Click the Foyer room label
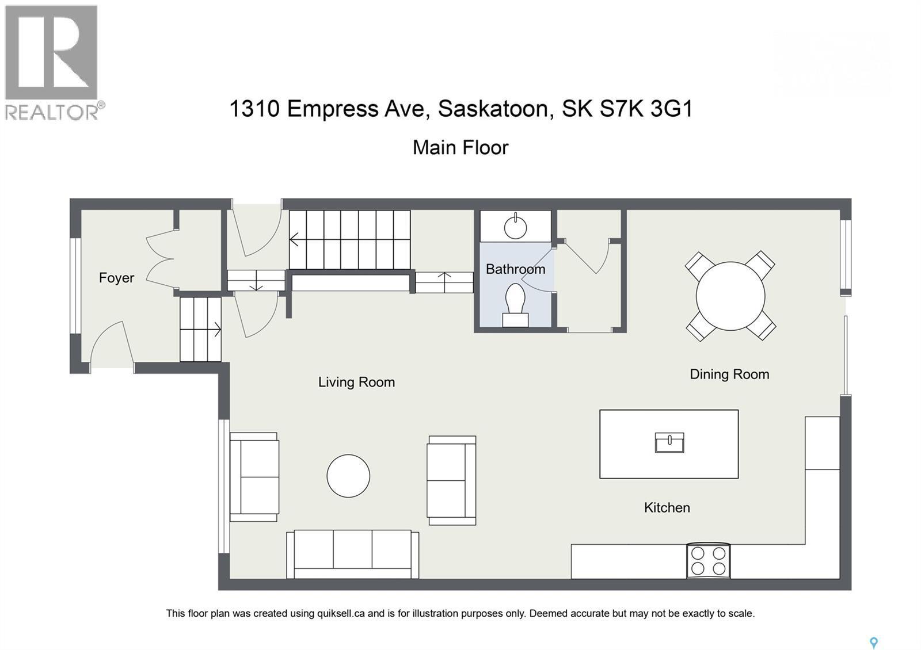116,278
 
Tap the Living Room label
356,382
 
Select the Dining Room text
729,374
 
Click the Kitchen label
667,507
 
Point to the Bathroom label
515,269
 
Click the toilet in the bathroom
515,305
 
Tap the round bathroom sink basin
515,227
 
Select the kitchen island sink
669,442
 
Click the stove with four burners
708,560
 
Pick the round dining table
730,296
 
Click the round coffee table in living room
348,476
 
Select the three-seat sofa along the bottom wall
353,554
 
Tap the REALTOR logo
52,62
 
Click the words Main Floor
461,147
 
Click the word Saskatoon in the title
493,109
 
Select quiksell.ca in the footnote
341,613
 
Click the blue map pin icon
873,643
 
